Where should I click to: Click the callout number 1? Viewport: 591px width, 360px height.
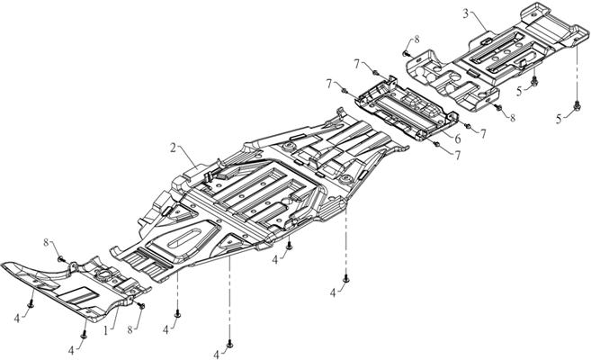pos(105,331)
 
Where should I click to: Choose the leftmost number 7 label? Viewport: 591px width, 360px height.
pos(330,83)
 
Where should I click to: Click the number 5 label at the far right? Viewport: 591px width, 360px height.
pos(560,118)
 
